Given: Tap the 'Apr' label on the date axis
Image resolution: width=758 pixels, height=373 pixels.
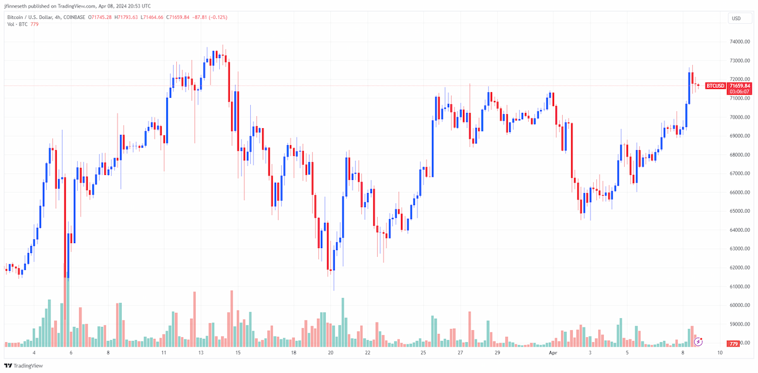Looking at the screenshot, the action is click(x=553, y=353).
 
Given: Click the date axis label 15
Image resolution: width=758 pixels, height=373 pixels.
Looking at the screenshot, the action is click(x=238, y=353).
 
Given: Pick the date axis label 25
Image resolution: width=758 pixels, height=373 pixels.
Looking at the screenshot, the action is click(x=423, y=353).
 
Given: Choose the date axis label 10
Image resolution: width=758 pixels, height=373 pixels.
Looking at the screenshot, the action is click(x=719, y=353).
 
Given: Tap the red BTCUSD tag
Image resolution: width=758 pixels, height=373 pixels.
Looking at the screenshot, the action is click(x=715, y=86).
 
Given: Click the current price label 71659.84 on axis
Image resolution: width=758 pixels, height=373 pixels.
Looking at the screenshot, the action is click(x=740, y=86).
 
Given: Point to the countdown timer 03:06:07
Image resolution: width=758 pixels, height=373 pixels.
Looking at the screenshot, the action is click(x=740, y=92).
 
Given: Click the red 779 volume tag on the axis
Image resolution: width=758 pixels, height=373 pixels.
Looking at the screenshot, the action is click(x=733, y=344).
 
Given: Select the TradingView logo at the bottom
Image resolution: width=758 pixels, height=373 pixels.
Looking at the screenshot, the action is click(x=24, y=365).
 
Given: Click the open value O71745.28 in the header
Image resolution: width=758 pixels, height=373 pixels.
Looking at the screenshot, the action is click(x=100, y=17).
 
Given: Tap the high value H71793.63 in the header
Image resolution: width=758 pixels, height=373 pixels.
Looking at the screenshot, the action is click(x=126, y=17).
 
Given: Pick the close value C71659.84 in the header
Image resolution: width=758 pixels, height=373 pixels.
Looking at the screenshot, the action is click(x=177, y=17).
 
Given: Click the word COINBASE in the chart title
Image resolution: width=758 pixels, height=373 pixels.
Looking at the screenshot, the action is click(x=74, y=17).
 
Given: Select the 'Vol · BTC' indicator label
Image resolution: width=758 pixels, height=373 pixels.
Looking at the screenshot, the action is click(x=17, y=25).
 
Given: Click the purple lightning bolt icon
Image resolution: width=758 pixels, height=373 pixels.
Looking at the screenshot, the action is click(x=698, y=342).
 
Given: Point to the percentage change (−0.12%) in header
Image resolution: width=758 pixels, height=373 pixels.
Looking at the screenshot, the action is click(x=219, y=17).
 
